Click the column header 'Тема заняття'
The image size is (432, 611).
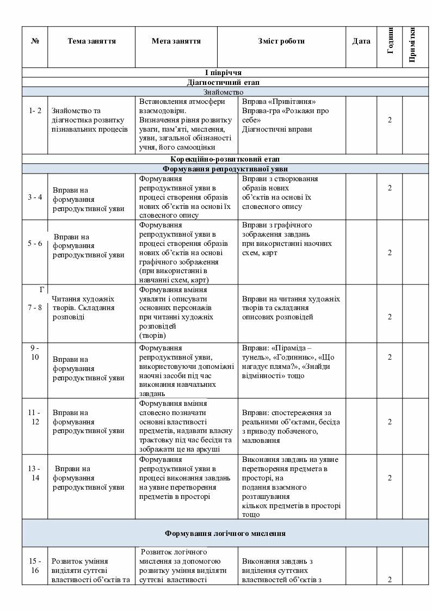pos(91,41)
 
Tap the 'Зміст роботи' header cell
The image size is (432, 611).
pos(281,41)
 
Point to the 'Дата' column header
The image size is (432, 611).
pos(361,41)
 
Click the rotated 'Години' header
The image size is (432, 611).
pos(390,41)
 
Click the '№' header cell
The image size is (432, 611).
pos(35,41)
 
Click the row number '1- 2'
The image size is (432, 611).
pos(35,110)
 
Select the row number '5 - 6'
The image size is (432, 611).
pos(35,243)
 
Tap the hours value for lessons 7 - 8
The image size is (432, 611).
pos(390,317)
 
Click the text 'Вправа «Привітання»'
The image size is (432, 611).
pos(279,102)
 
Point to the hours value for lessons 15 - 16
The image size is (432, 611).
pos(390,579)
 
